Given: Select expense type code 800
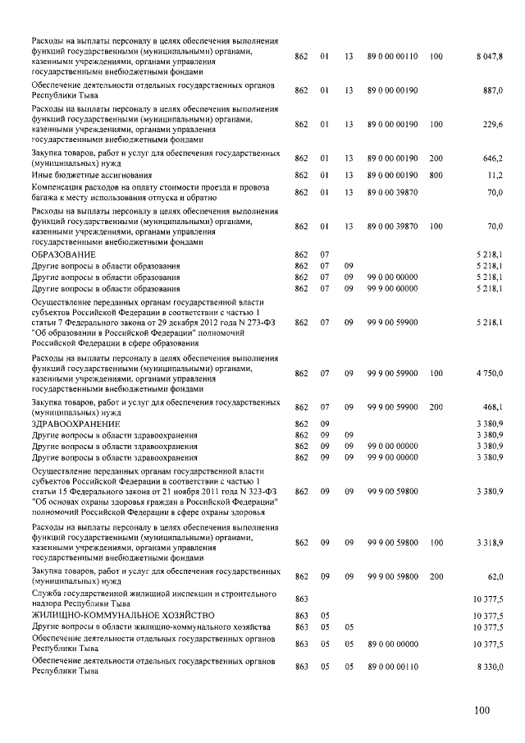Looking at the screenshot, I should tap(436, 175).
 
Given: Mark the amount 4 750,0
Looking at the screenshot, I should tap(489, 373).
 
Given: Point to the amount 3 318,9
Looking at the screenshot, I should tap(489, 543).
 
